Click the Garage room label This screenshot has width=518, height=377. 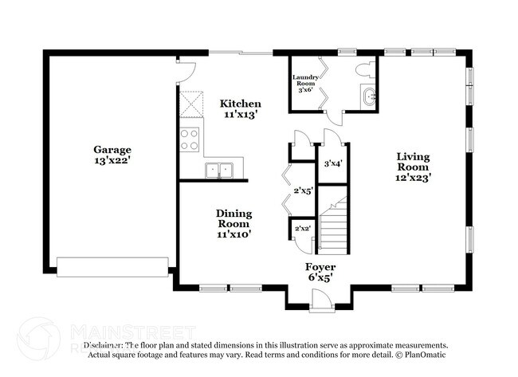click(112, 150)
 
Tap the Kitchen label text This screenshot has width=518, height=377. click(241, 104)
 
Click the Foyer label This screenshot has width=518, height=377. click(320, 267)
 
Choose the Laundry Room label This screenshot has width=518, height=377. click(308, 80)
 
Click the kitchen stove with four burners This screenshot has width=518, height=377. click(190, 140)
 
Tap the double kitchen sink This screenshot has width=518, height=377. click(219, 170)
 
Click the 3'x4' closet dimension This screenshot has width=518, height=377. click(333, 164)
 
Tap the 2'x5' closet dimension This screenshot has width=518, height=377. click(303, 191)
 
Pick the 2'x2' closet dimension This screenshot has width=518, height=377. click(303, 230)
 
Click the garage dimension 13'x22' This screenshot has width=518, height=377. click(112, 161)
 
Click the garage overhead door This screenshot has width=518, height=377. click(114, 266)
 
